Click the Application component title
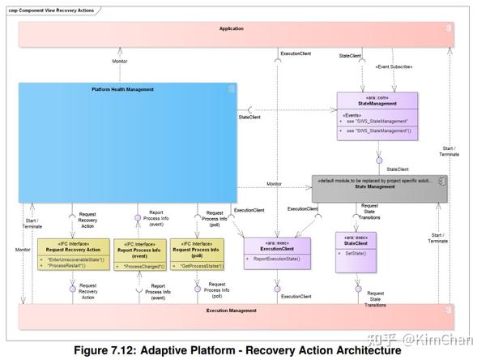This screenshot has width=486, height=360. click(231, 28)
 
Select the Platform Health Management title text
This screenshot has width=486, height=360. click(124, 89)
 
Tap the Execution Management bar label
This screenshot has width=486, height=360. click(231, 311)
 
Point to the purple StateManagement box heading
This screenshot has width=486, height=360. click(376, 103)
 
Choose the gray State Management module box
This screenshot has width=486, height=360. click(380, 187)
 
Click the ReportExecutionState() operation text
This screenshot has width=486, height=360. click(277, 259)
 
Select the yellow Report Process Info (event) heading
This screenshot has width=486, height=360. click(141, 246)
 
